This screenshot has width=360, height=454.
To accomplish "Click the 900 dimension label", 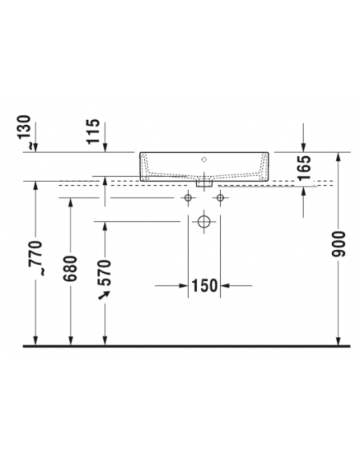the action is [x=338, y=244].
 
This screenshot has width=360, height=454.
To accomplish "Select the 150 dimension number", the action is [x=204, y=286].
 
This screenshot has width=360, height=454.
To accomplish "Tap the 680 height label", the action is [x=70, y=269].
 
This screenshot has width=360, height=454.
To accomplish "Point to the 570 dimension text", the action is [x=105, y=273].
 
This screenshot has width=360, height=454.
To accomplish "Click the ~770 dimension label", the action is [x=36, y=258].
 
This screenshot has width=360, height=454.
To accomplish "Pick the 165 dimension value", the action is [x=304, y=168].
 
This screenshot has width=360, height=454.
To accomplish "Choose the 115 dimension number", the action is [x=93, y=131].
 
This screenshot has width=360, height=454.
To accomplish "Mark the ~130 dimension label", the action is [x=23, y=132].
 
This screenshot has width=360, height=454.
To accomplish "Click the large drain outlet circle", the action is [x=204, y=222].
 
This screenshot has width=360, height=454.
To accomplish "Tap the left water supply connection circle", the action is [x=188, y=198].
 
